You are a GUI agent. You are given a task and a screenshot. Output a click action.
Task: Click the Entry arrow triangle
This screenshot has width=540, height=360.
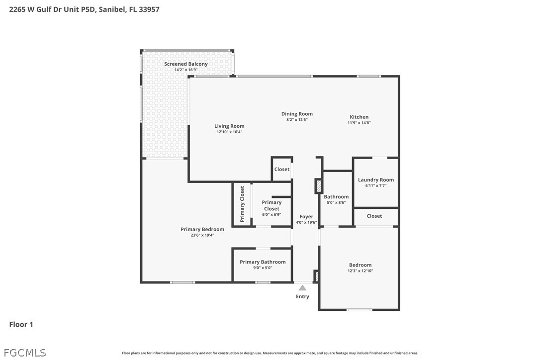302,288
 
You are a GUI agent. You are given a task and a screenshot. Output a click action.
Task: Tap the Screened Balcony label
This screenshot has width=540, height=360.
186,64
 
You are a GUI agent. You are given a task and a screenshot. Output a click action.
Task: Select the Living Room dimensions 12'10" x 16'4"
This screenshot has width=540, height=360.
229,132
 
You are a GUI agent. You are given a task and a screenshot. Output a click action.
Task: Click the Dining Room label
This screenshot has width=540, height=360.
297,114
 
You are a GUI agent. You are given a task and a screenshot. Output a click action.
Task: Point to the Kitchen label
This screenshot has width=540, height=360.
359,117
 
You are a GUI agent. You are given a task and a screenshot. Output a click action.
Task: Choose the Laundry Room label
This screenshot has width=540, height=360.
376,180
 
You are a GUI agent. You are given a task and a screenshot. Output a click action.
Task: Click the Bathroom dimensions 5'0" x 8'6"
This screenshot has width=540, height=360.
336,202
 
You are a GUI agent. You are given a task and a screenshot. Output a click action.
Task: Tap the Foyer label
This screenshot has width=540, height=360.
306,217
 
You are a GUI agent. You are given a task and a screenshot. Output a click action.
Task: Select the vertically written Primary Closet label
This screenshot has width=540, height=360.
242,204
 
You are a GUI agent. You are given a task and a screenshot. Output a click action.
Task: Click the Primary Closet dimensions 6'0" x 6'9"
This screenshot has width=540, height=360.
271,214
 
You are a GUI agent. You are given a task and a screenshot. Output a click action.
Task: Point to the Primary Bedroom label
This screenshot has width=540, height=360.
202,229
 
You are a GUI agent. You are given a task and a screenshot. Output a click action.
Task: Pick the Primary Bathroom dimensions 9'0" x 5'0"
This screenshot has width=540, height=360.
263,268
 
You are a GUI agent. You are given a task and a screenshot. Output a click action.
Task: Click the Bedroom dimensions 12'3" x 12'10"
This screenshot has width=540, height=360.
360,271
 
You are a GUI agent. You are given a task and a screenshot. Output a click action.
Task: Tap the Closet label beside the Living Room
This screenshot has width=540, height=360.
282,169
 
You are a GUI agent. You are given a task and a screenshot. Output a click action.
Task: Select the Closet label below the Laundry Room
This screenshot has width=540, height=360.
374,216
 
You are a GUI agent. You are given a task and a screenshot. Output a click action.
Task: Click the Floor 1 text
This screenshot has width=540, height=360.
21,324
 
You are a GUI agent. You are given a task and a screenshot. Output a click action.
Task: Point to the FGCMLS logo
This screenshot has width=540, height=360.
25,353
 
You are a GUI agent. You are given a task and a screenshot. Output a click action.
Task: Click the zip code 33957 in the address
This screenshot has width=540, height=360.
149,9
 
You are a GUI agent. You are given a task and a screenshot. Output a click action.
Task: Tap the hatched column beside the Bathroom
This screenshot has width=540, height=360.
319,186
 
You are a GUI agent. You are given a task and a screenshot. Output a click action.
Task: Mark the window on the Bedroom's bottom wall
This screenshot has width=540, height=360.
359,310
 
